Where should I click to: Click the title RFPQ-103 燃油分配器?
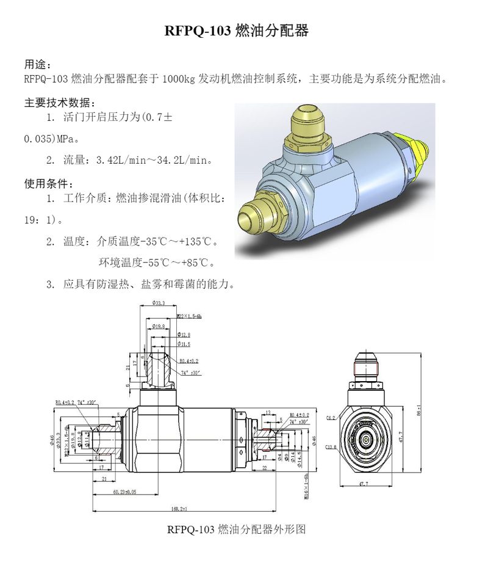[237, 31]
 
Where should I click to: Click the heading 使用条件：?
[49, 184]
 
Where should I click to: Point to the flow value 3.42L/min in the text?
[120, 161]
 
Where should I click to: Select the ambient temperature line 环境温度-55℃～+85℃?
[157, 263]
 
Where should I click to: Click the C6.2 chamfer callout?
[331, 418]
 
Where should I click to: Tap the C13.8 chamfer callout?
[331, 448]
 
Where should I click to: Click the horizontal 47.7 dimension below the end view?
[363, 482]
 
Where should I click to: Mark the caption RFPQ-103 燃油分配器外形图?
[236, 529]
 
